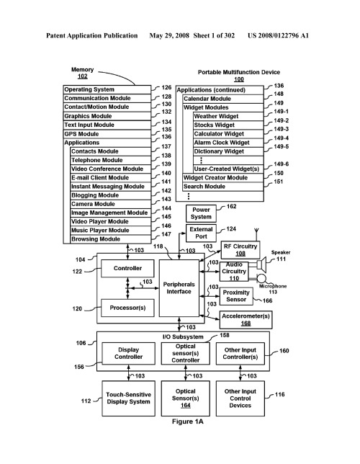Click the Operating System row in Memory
[107, 89]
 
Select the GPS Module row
[107, 134]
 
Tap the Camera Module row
[111, 204]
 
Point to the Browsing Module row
[111, 239]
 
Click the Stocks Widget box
[228, 125]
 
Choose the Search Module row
[222, 187]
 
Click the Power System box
[201, 213]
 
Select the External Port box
[201, 233]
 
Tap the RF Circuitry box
[240, 250]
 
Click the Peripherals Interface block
[179, 288]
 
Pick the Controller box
[127, 269]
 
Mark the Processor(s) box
[127, 308]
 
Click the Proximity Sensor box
[236, 296]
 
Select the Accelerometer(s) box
[246, 320]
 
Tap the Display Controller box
[128, 354]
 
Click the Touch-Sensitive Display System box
[128, 398]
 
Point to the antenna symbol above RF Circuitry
[256, 234]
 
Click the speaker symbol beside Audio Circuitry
[262, 264]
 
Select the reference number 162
[231, 207]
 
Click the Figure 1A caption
[188, 421]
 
